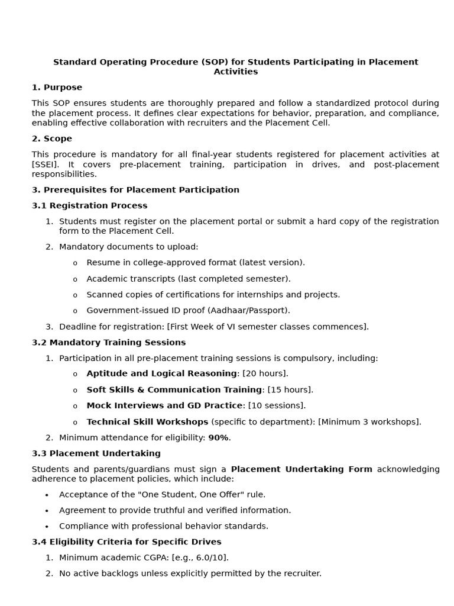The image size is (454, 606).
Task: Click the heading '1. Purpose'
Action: (57, 88)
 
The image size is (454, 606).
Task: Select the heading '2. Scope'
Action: (52, 138)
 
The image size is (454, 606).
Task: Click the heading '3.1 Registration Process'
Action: (89, 205)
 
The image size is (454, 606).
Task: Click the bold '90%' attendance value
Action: (218, 438)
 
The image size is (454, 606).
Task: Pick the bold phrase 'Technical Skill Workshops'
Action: (147, 422)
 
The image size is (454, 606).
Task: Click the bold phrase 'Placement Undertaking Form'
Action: (301, 469)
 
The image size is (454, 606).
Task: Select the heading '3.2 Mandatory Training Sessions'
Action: (109, 342)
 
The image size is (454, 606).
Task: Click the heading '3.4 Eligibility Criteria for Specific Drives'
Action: (127, 541)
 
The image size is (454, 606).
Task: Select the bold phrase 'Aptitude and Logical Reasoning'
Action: (161, 373)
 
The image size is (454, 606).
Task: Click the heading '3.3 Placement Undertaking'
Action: (96, 453)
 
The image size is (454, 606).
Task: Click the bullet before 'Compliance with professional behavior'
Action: (47, 526)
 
